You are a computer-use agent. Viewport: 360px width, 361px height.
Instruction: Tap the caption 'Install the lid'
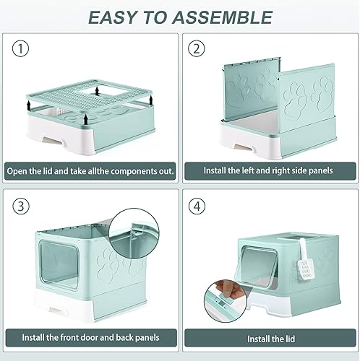tap(269, 337)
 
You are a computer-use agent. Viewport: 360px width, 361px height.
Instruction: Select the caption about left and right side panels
tap(269, 171)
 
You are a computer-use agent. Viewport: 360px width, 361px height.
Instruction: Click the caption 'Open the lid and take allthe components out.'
tap(90, 171)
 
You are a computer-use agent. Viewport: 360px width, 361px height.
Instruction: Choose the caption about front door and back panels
tap(90, 337)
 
